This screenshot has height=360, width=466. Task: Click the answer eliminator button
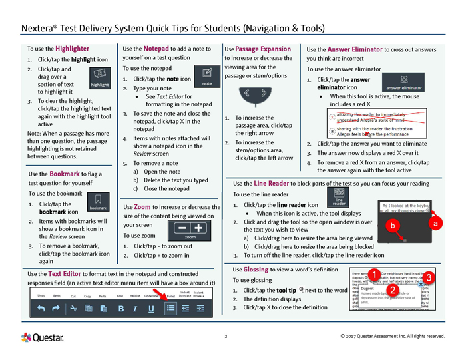pos(403,87)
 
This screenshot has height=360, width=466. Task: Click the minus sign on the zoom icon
pos(181,228)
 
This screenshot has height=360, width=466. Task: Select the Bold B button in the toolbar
pos(121,309)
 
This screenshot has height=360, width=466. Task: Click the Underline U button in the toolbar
pos(152,309)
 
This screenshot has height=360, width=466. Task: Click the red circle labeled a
pos(436,224)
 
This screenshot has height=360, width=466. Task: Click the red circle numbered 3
pos(430,277)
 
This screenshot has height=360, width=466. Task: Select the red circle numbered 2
pos(393,291)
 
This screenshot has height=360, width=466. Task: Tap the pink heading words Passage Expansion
pos(263,49)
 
